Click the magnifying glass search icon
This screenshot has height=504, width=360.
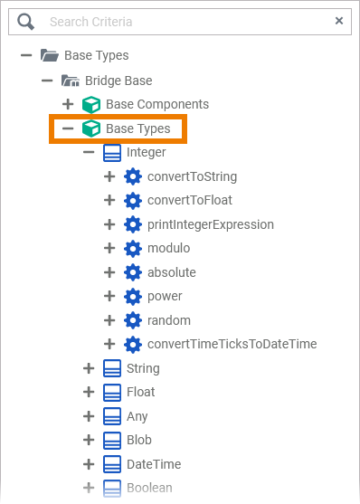click(26, 21)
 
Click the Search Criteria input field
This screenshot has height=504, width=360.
click(181, 21)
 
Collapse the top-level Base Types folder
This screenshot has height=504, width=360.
click(26, 56)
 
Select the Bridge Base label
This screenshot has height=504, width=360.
click(118, 81)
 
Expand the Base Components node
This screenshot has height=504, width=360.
click(68, 104)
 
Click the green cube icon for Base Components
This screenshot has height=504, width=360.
click(90, 104)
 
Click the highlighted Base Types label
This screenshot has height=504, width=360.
click(137, 128)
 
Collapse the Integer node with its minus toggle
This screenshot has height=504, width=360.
click(89, 152)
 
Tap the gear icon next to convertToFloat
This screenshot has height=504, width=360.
click(133, 200)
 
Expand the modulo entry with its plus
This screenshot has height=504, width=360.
click(110, 248)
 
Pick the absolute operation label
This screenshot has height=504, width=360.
click(171, 272)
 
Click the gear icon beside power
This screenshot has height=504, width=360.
click(133, 296)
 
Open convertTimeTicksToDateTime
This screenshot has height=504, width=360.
click(232, 344)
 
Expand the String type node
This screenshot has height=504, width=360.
click(89, 368)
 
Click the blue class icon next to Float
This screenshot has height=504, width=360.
click(112, 392)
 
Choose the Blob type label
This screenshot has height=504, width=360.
click(139, 440)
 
